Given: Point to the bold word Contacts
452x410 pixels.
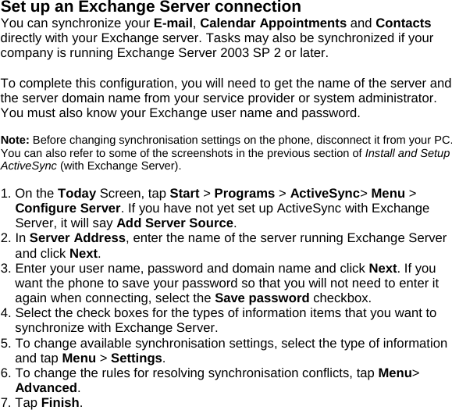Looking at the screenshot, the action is (x=404, y=23).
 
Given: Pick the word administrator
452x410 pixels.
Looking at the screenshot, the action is (x=384, y=98).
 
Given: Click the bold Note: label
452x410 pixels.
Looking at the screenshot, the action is (x=15, y=139).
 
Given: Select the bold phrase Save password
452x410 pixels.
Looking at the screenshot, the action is (x=262, y=298).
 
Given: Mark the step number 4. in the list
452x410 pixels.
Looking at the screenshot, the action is (x=6, y=313).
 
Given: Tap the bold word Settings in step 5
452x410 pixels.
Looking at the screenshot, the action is (x=137, y=358).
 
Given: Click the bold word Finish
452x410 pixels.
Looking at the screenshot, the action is (x=61, y=403).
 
